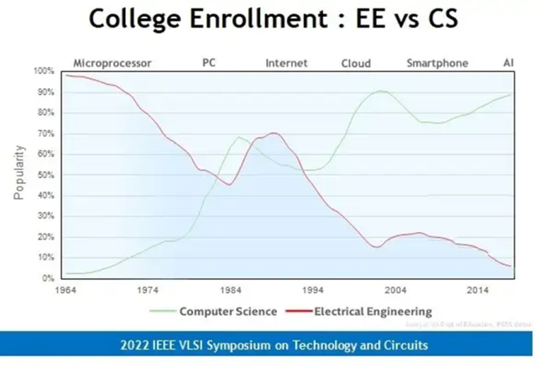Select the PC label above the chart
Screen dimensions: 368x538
211,63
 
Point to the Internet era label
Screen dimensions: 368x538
286,63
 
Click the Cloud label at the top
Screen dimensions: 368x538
356,63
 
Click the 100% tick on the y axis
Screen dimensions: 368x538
43,71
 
